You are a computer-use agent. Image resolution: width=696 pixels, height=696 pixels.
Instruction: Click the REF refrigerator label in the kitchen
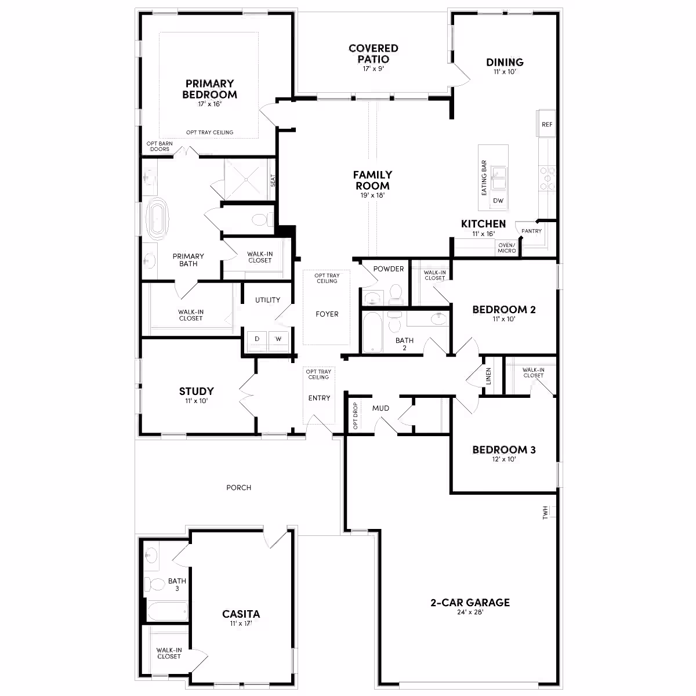pyautogui.click(x=547, y=124)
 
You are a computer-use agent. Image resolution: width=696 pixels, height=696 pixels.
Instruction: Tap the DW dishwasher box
pyautogui.click(x=498, y=201)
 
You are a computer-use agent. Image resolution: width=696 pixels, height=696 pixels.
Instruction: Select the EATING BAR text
pyautogui.click(x=484, y=177)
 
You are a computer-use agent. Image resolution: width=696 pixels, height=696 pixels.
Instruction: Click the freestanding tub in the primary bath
pyautogui.click(x=158, y=219)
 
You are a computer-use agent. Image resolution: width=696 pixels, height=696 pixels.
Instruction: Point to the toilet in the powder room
pyautogui.click(x=396, y=293)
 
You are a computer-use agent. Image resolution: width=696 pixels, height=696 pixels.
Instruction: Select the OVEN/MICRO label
pyautogui.click(x=507, y=248)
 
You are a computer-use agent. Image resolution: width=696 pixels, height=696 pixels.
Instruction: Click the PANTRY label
pyautogui.click(x=531, y=231)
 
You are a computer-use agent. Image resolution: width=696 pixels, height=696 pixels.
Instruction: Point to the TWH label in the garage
pyautogui.click(x=545, y=513)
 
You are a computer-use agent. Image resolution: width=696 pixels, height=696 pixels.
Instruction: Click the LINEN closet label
pyautogui.click(x=488, y=376)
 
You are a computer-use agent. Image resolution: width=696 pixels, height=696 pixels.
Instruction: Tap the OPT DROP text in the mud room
pyautogui.click(x=355, y=416)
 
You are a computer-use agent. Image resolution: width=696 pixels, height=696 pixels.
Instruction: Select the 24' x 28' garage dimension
pyautogui.click(x=470, y=612)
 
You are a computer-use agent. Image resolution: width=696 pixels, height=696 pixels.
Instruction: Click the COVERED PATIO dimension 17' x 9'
pyautogui.click(x=373, y=68)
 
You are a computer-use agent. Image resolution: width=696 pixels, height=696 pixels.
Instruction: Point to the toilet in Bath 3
pyautogui.click(x=154, y=583)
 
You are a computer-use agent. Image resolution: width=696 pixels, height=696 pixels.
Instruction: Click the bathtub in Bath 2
pyautogui.click(x=372, y=332)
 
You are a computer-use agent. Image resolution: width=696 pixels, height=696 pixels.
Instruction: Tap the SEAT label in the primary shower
pyautogui.click(x=273, y=180)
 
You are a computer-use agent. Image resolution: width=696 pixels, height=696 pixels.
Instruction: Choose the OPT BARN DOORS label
pyautogui.click(x=159, y=146)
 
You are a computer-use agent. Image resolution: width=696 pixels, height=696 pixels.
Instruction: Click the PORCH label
pyautogui.click(x=238, y=488)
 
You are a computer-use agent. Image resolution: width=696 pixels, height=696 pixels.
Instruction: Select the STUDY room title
pyautogui.click(x=197, y=391)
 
